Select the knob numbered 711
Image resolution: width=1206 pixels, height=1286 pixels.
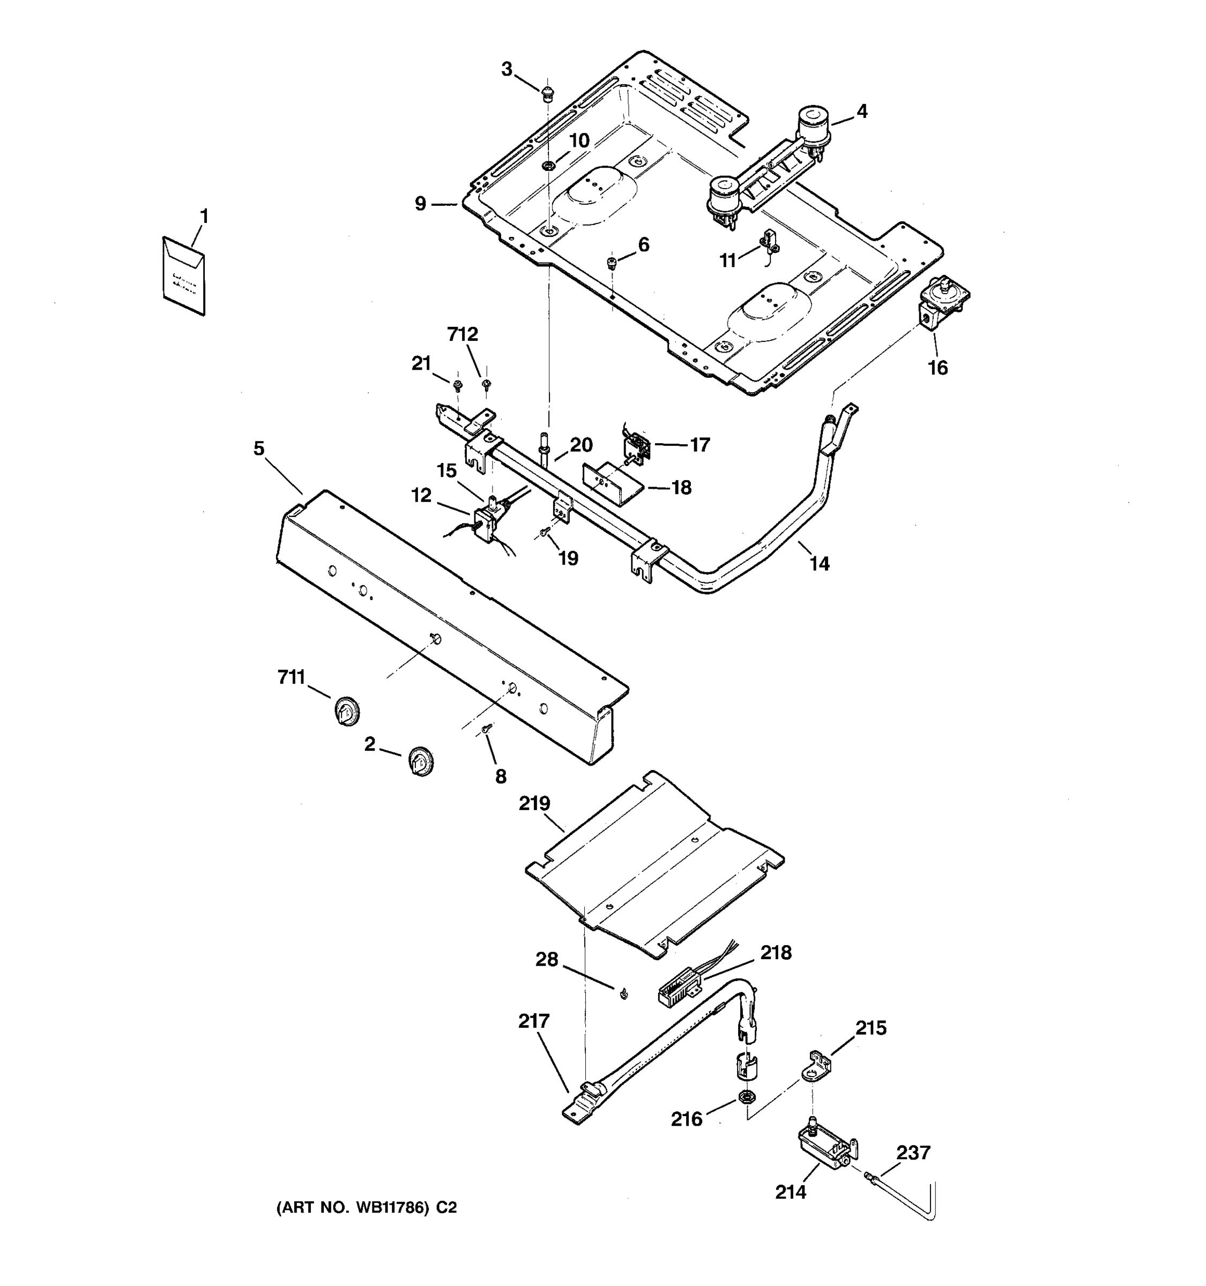347,712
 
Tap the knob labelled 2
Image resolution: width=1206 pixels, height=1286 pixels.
421,761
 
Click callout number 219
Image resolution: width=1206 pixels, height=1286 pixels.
534,803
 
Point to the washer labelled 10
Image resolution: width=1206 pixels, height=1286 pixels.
548,166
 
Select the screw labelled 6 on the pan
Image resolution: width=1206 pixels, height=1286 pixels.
610,262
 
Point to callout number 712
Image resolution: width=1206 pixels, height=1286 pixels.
463,334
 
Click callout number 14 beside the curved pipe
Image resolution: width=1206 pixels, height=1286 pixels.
819,564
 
